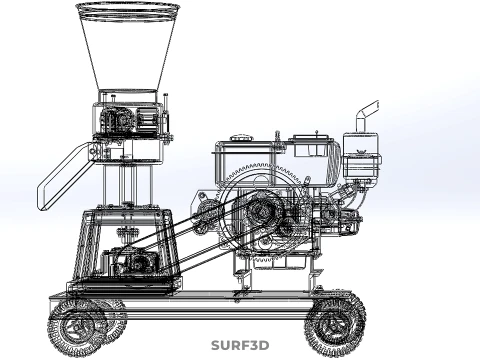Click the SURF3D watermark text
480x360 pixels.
pos(240,345)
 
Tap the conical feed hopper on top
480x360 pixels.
pos(128,47)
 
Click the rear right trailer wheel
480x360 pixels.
pos(335,327)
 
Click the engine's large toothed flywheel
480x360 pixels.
pos(263,213)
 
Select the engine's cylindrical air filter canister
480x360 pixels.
pos(361,156)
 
